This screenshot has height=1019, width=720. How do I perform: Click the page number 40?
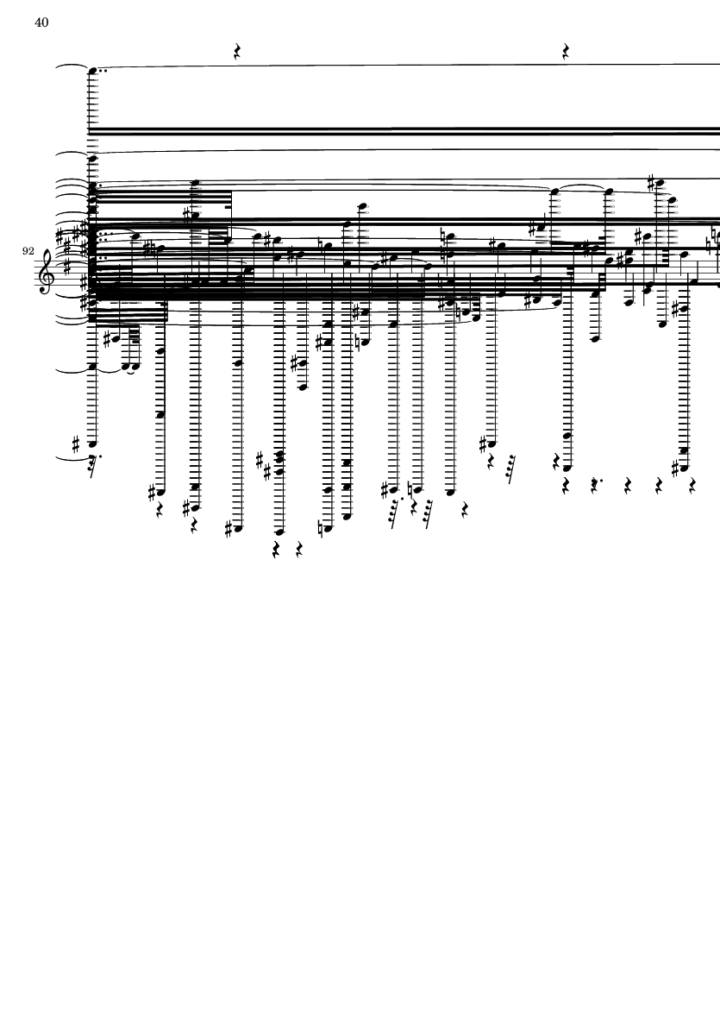click(x=41, y=22)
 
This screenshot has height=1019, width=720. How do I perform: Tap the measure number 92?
click(x=28, y=251)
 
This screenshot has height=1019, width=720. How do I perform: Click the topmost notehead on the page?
click(x=92, y=70)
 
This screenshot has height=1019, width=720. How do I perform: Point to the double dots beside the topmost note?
click(x=103, y=70)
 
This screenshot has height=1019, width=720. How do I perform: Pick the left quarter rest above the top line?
click(x=238, y=52)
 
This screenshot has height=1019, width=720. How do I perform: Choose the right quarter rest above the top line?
click(x=566, y=52)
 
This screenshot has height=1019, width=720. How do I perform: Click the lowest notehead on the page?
click(x=279, y=532)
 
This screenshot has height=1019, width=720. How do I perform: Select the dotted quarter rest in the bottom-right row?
click(x=595, y=486)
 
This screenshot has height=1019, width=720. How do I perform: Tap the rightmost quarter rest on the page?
click(x=692, y=486)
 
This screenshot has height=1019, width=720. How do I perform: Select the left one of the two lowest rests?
click(x=277, y=551)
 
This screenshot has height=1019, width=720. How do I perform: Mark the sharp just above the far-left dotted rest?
click(x=76, y=445)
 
